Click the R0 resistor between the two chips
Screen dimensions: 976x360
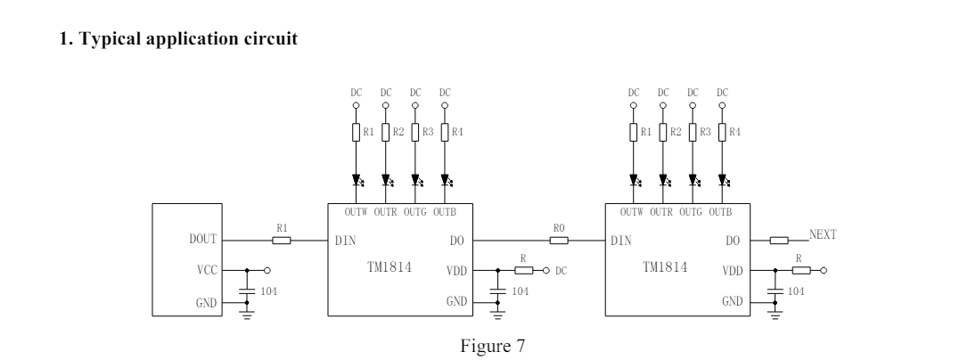pos(559,240)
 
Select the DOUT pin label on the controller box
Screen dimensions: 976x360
pos(203,240)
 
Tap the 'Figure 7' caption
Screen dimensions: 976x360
pos(492,346)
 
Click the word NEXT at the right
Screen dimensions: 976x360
pos(823,234)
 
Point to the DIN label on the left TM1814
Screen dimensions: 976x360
pos(346,241)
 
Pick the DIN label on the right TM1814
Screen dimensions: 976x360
pos(621,241)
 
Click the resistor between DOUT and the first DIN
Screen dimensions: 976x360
pos(282,240)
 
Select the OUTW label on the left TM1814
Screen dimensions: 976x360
pos(356,212)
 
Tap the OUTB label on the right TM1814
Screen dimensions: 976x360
pos(720,212)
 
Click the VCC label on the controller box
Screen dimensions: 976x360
pos(208,271)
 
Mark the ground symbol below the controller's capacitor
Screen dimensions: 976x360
pos(247,315)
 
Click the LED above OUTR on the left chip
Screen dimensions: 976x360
pos(386,180)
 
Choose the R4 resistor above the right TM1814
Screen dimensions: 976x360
pos(722,133)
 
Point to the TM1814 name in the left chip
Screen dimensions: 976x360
pos(390,267)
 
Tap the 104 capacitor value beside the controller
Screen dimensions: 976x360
pos(269,291)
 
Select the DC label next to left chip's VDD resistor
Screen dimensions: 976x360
pos(561,271)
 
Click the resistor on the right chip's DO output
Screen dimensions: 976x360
pos(779,240)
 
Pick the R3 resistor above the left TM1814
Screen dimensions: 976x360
pos(415,133)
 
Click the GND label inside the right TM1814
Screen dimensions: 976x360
pos(733,301)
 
